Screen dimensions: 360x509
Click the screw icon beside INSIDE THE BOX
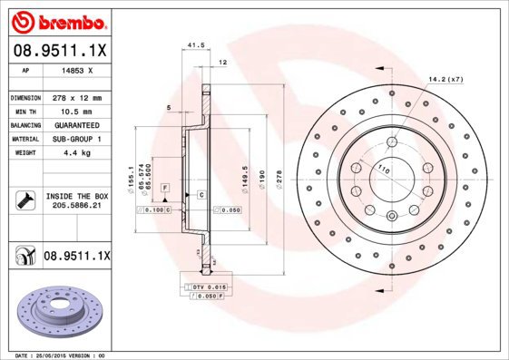click(24, 200)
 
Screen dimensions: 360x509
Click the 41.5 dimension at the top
click(192, 44)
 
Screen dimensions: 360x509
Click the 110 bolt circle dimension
click(383, 170)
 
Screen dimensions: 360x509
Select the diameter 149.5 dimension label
click(245, 173)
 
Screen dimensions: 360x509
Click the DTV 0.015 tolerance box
click(204, 287)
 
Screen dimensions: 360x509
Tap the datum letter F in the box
click(165, 187)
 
